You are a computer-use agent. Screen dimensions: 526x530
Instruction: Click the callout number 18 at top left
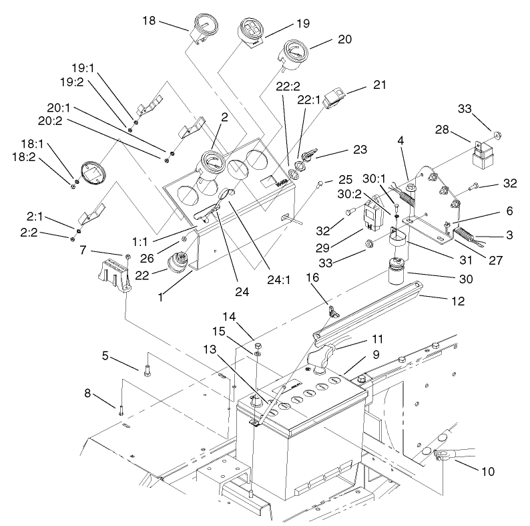coord(148,20)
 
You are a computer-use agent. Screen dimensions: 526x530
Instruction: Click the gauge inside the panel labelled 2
coord(211,163)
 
